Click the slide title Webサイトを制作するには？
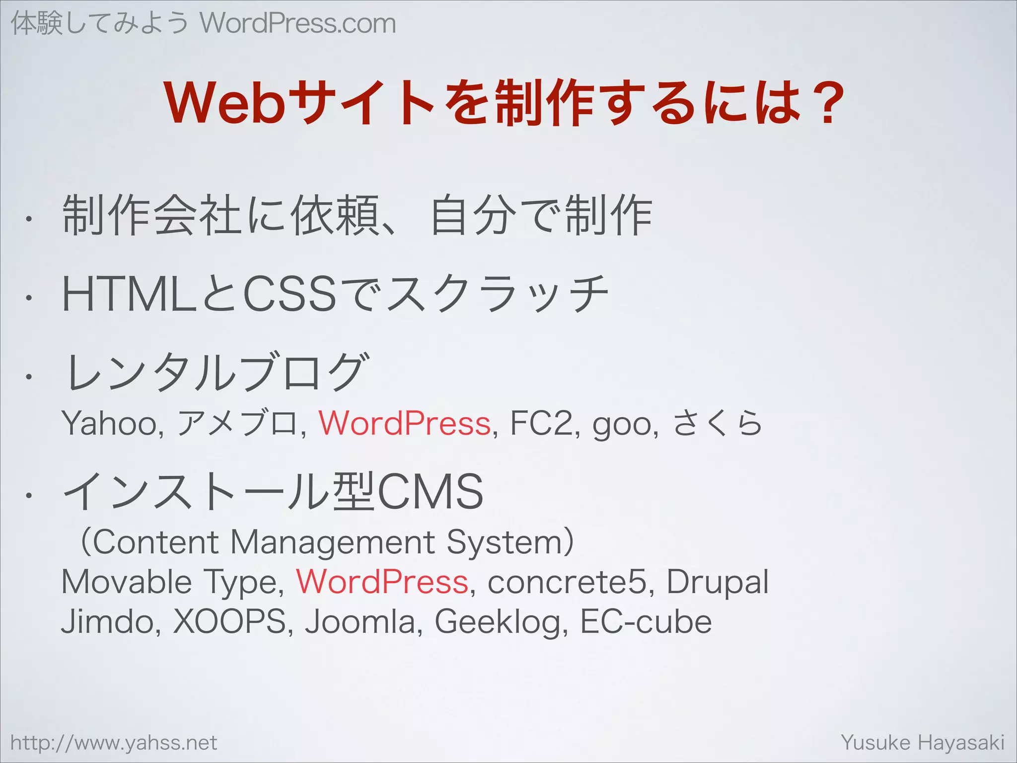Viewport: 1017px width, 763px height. click(x=505, y=103)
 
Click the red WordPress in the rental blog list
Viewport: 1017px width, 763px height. click(x=405, y=424)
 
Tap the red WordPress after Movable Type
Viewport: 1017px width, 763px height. click(x=382, y=582)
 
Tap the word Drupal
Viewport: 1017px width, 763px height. click(x=717, y=582)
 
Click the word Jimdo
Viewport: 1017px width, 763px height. click(x=108, y=622)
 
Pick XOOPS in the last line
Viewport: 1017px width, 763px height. click(x=229, y=622)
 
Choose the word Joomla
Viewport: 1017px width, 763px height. click(x=361, y=622)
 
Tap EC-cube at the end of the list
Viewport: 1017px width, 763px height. click(x=646, y=622)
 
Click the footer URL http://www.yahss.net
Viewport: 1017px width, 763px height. click(x=114, y=743)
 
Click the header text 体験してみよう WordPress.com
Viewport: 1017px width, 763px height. click(x=203, y=24)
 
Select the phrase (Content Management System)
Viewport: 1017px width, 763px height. click(x=327, y=542)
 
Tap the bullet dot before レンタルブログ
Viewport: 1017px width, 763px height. click(x=30, y=377)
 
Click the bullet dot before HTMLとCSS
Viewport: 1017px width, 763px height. click(x=30, y=298)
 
